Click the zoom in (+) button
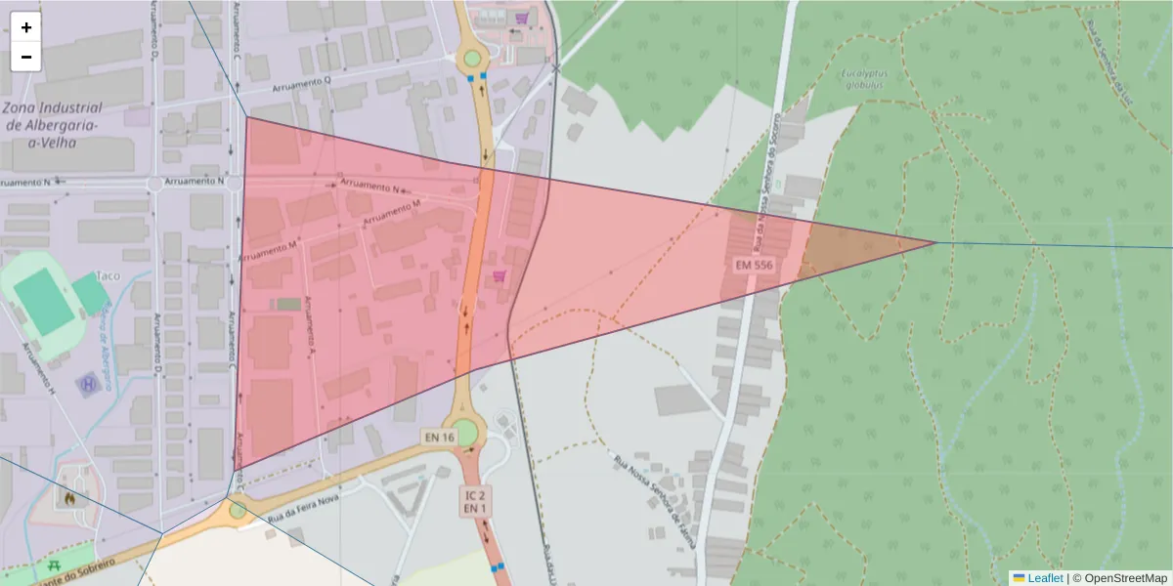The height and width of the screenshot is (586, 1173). click(x=26, y=27)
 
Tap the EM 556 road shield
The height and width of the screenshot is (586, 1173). click(x=755, y=265)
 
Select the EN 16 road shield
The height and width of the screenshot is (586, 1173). click(x=439, y=437)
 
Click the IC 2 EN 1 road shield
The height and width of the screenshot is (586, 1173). click(x=475, y=502)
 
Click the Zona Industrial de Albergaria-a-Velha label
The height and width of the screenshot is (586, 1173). click(x=54, y=124)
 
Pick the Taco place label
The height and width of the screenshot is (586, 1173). click(x=108, y=276)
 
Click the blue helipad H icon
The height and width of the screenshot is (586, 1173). click(x=90, y=384)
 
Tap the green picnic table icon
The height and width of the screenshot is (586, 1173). click(x=54, y=565)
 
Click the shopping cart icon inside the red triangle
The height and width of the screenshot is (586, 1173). click(x=500, y=278)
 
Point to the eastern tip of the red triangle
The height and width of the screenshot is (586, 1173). click(x=935, y=242)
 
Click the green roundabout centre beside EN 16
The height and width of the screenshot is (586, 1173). click(x=463, y=431)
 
